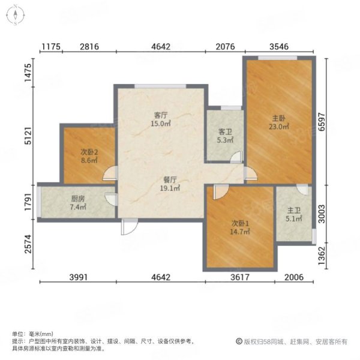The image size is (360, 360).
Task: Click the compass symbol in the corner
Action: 16,15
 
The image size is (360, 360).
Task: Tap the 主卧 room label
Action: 279,118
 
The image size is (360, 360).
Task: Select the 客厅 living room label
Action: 161,115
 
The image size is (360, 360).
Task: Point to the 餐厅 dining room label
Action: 170,179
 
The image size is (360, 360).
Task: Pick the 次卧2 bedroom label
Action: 89,152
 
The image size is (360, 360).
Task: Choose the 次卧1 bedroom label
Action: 240,223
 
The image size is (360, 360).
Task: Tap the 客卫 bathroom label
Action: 225,132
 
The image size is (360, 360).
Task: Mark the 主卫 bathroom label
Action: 294,211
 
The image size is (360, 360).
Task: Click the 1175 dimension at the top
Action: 51,47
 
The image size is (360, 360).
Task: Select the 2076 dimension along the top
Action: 225,47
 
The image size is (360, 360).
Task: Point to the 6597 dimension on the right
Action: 322,122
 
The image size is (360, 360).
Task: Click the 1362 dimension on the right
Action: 322,256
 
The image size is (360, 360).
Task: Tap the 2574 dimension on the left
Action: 28,244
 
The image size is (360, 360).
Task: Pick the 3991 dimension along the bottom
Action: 79,277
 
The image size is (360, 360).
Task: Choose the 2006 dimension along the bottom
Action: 294,277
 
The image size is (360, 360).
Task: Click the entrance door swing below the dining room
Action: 130,227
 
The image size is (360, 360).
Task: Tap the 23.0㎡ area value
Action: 279,127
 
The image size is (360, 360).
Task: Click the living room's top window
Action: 160,86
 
